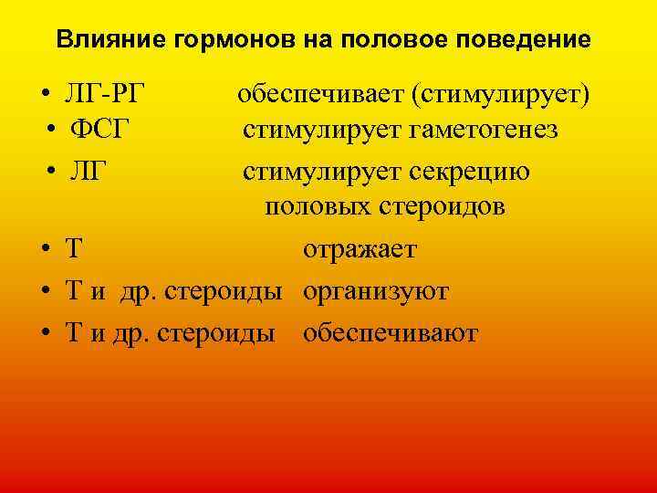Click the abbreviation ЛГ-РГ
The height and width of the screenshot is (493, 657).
click(106, 92)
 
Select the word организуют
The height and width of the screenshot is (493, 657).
click(375, 292)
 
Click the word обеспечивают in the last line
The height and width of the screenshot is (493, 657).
click(390, 334)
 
